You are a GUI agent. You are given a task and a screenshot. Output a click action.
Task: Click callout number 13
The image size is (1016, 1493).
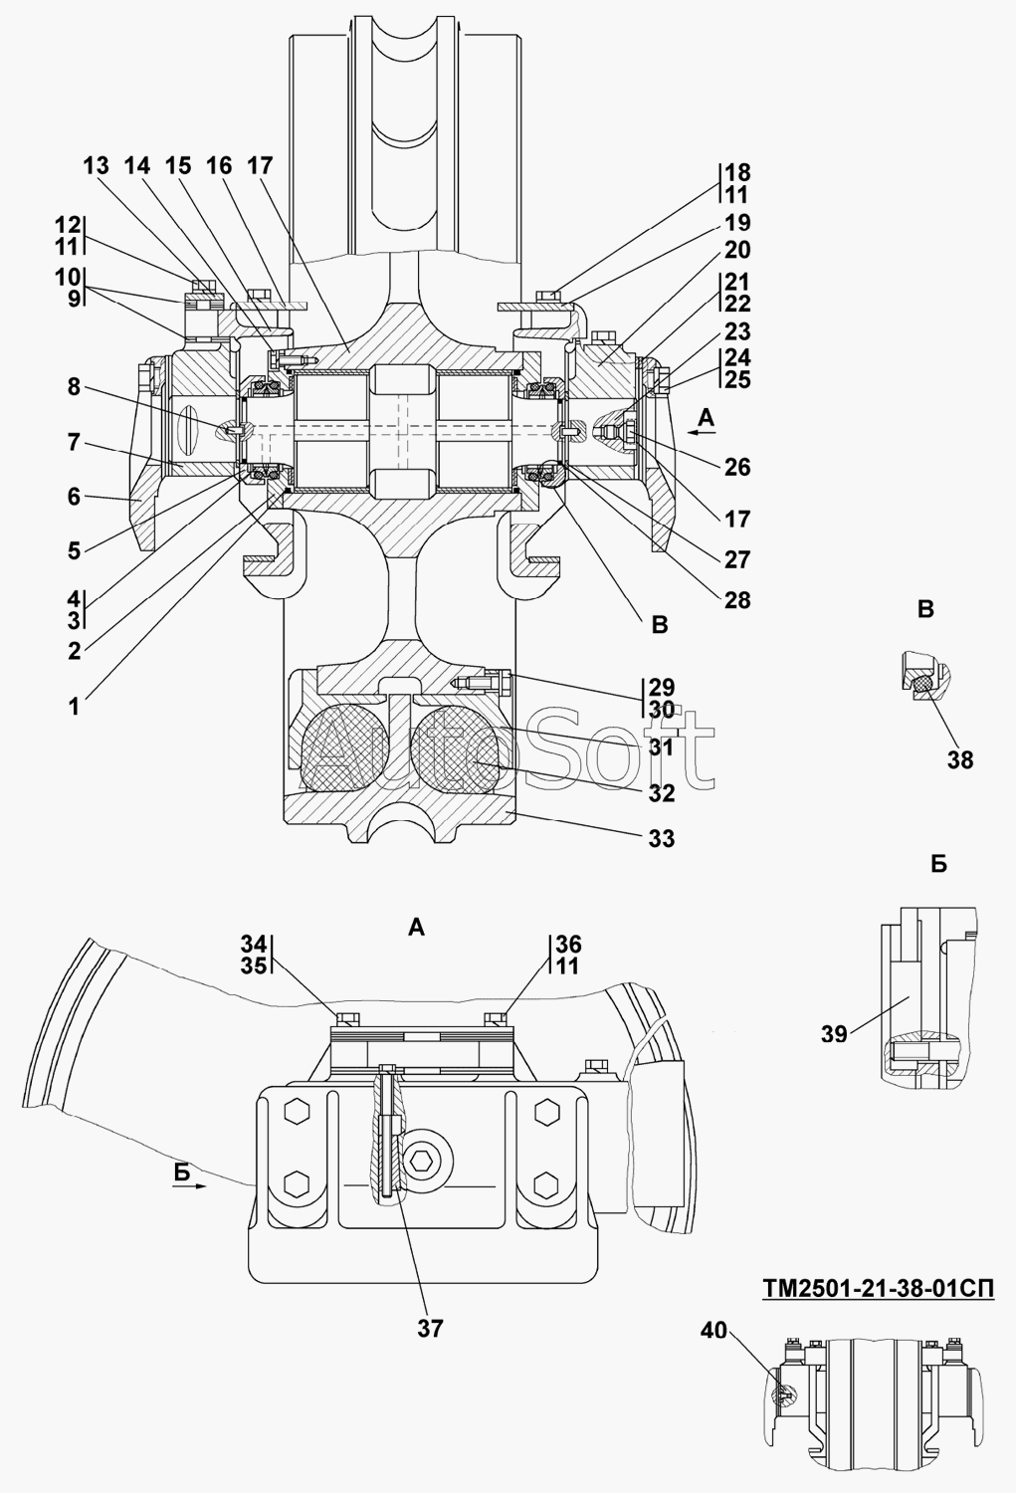pyautogui.click(x=96, y=166)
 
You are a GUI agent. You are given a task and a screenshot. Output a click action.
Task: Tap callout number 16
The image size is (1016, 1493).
pyautogui.click(x=219, y=166)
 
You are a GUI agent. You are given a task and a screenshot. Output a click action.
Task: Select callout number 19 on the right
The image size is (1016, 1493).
pyautogui.click(x=737, y=223)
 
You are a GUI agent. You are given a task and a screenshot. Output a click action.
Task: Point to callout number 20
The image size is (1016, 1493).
pyautogui.click(x=737, y=250)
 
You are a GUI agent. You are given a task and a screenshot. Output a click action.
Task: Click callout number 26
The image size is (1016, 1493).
pyautogui.click(x=737, y=467)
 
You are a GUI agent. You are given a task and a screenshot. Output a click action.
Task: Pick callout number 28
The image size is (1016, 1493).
pyautogui.click(x=737, y=600)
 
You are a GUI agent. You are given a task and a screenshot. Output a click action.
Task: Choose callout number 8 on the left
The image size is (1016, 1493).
pyautogui.click(x=74, y=386)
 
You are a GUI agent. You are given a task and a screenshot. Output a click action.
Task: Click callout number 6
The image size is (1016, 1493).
pyautogui.click(x=74, y=497)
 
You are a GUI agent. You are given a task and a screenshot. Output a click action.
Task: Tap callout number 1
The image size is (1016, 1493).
pyautogui.click(x=74, y=707)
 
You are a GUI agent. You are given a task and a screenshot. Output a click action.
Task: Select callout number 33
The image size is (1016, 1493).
pyautogui.click(x=662, y=838)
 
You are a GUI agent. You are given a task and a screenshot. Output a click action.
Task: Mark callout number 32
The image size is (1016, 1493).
pyautogui.click(x=662, y=793)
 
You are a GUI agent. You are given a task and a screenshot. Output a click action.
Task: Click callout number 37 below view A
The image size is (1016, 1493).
pyautogui.click(x=431, y=1329)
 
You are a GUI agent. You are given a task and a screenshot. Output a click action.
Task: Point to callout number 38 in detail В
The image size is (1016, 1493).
pyautogui.click(x=960, y=759)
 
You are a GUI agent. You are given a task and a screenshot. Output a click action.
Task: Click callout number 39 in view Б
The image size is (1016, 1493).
pyautogui.click(x=834, y=1034)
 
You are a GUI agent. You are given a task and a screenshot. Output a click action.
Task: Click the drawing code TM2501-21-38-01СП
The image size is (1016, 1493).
pyautogui.click(x=878, y=1288)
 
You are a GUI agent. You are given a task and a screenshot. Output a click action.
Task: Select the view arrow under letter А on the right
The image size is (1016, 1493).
pyautogui.click(x=703, y=433)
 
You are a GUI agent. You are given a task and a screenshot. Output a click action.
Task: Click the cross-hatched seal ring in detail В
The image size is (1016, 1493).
pyautogui.click(x=922, y=683)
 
